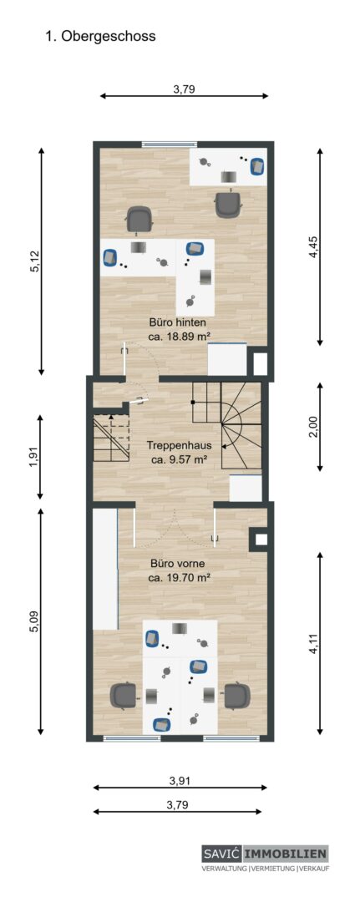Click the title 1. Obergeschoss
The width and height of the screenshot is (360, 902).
pos(100,36)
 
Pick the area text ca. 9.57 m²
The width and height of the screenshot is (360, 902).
pos(178,459)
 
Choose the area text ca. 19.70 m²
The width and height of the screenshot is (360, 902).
pos(178,578)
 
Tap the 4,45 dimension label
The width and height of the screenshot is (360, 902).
pos(313,246)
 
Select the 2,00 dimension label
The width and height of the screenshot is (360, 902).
pos(313,427)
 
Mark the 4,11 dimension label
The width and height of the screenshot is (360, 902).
pos(313,643)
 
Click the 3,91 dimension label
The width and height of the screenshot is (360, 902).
pos(180,781)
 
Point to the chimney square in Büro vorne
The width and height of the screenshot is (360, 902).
pos(259,539)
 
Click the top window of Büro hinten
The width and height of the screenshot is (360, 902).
pos(170,144)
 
